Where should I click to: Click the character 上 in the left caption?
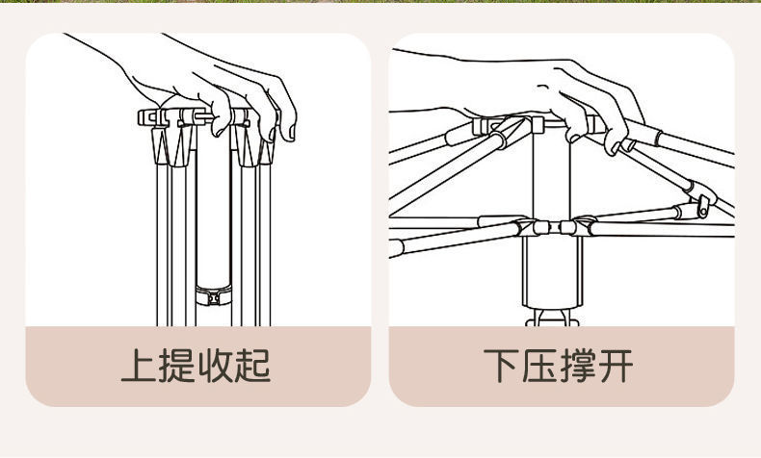[x=139, y=367]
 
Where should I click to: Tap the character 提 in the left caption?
[x=177, y=367]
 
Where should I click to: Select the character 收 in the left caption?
[x=216, y=367]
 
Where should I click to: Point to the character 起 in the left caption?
[x=254, y=367]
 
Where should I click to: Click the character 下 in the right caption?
[x=502, y=367]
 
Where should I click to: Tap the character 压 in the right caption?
[x=540, y=367]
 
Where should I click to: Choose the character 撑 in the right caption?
[x=579, y=367]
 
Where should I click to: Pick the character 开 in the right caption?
[x=617, y=367]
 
